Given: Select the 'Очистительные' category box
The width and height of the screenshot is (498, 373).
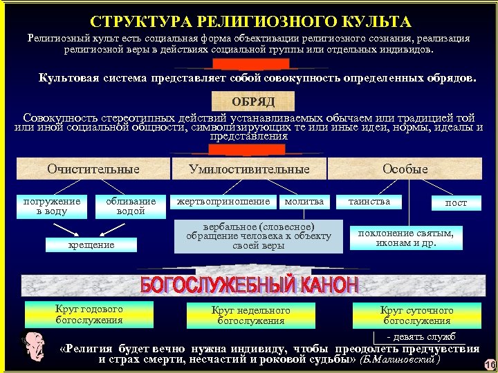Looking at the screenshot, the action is (x=93, y=169).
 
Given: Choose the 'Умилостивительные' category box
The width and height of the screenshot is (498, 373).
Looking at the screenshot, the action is (x=249, y=169).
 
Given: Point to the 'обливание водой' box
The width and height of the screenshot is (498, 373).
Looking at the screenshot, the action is (x=131, y=206).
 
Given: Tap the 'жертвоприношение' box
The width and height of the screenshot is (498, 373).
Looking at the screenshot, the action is (x=223, y=202).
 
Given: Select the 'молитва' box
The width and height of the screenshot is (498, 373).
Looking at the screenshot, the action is (x=304, y=202).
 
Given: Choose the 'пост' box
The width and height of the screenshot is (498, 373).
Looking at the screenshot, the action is (x=456, y=202).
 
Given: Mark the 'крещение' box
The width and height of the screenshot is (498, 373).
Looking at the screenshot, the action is (x=91, y=245).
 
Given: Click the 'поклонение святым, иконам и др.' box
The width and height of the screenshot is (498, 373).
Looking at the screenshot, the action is (x=405, y=238).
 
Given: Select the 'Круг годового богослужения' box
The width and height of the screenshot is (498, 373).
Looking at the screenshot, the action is (x=89, y=315).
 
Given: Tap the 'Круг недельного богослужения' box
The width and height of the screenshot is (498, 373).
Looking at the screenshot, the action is (x=250, y=315).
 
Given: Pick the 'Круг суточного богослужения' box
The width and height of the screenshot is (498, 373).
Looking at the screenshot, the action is (x=416, y=315).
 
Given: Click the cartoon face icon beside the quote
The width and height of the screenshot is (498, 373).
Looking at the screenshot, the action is (x=30, y=347).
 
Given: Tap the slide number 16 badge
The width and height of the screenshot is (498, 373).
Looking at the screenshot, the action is (x=490, y=365).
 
